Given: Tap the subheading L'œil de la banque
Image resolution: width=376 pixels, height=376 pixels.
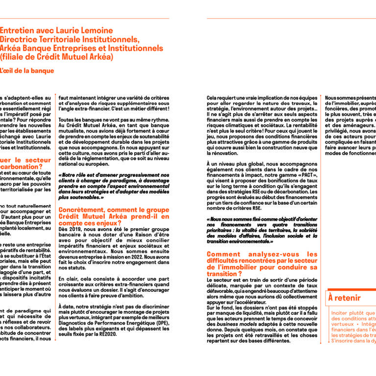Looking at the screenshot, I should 26,70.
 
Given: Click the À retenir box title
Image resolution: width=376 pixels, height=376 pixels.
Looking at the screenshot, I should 345,298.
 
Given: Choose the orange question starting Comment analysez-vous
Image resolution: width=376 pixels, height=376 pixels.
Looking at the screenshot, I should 262,260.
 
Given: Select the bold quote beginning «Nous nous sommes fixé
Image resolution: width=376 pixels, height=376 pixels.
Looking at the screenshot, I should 262,230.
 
